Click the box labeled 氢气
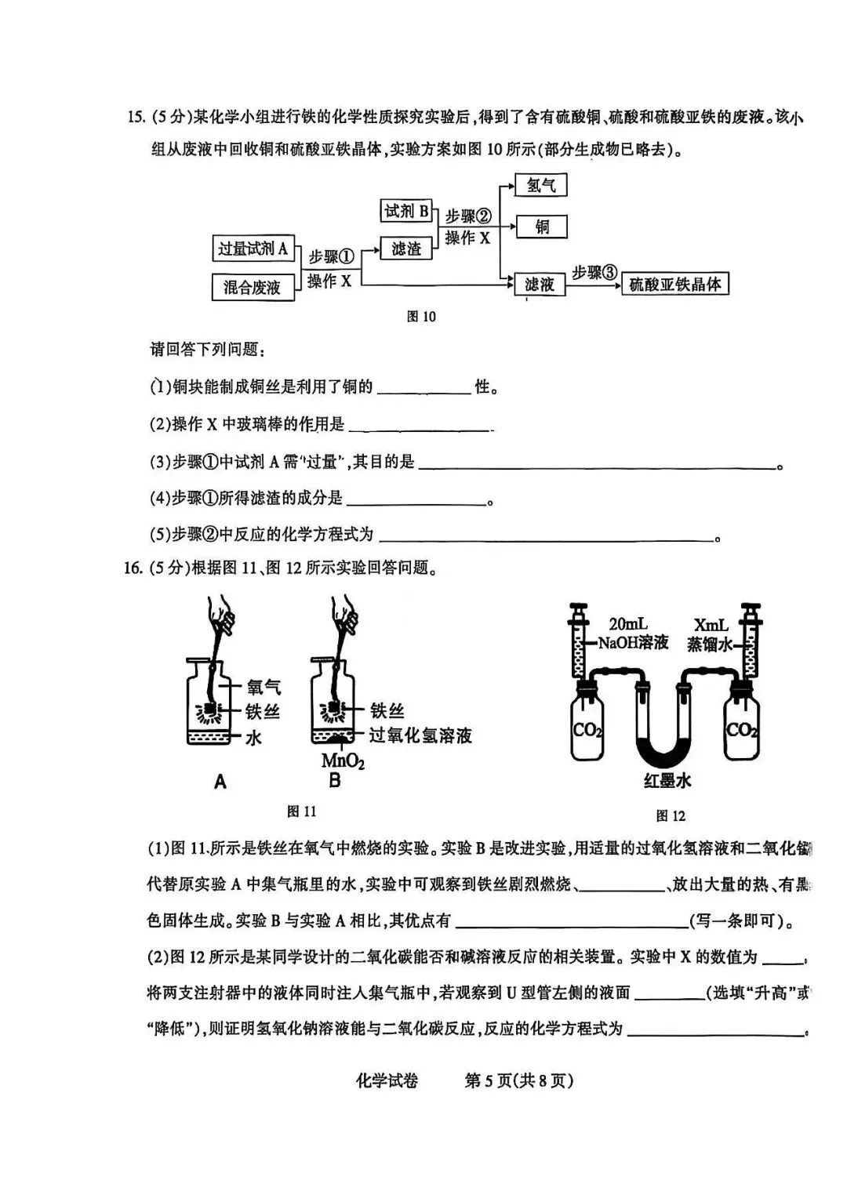point(540,186)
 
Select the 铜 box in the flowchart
point(541,227)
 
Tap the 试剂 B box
point(406,211)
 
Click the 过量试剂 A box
point(253,249)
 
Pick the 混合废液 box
point(253,287)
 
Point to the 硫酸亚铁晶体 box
point(674,284)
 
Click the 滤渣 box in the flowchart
point(406,249)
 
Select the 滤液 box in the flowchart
point(540,284)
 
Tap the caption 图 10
point(421,317)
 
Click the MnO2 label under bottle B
point(343,761)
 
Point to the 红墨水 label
point(667,781)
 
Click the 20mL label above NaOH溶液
point(628,624)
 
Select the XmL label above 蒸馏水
point(711,625)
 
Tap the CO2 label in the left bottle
point(587,731)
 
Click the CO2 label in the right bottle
point(742,731)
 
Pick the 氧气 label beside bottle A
point(264,688)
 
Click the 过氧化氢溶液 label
point(420,735)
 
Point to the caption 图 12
point(670,816)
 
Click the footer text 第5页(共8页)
point(519,1080)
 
